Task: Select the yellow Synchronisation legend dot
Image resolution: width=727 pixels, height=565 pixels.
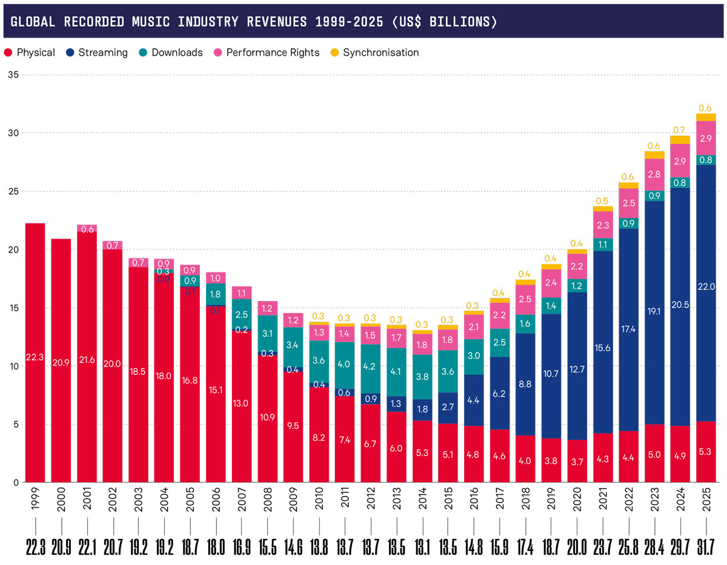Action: click(334, 53)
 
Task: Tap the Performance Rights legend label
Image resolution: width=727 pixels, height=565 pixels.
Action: click(273, 53)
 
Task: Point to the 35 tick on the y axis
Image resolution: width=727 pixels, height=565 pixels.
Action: click(13, 74)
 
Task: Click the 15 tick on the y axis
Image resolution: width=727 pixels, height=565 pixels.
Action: click(13, 308)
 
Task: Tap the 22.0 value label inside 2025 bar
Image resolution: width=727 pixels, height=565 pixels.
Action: click(706, 286)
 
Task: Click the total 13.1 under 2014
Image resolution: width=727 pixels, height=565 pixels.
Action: click(422, 548)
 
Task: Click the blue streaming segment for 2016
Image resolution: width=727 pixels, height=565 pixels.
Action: click(474, 400)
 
